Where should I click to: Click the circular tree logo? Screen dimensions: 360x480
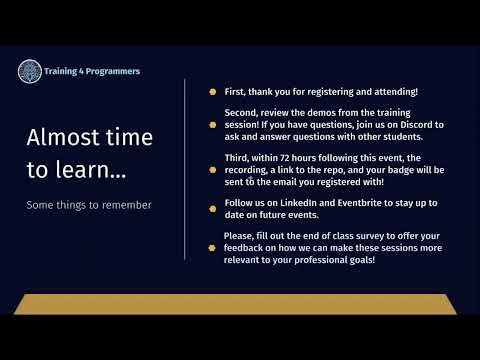(30, 71)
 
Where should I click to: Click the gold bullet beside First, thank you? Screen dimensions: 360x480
(212, 92)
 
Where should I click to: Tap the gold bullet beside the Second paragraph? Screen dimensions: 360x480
(212, 125)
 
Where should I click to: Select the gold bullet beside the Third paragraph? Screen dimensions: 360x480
(212, 171)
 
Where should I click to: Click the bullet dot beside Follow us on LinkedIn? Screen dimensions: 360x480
(212, 209)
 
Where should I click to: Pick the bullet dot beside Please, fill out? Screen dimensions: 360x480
(212, 247)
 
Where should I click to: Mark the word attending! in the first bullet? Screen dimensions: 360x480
(389, 92)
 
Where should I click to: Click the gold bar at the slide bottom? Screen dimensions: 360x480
(240, 304)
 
